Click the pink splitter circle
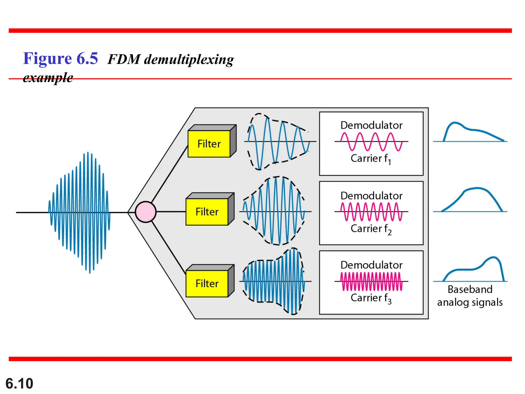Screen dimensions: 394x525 click(146, 212)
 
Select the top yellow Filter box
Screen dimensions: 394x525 click(209, 144)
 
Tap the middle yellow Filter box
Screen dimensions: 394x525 click(207, 212)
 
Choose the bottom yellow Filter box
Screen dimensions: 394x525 click(207, 284)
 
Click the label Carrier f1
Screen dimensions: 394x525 click(371, 159)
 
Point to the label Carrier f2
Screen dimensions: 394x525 click(371, 229)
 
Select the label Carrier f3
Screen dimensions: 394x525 click(371, 298)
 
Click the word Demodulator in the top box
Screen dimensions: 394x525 click(371, 125)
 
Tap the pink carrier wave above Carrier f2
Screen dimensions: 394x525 click(371, 212)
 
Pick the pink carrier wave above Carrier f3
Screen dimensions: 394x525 click(371, 281)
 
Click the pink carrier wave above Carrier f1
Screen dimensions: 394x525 click(371, 141)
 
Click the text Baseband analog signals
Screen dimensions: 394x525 click(470, 296)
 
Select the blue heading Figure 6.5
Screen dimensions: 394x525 click(60, 58)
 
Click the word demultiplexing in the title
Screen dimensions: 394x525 click(189, 60)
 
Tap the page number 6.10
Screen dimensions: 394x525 click(19, 383)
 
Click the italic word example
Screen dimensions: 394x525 click(48, 77)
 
